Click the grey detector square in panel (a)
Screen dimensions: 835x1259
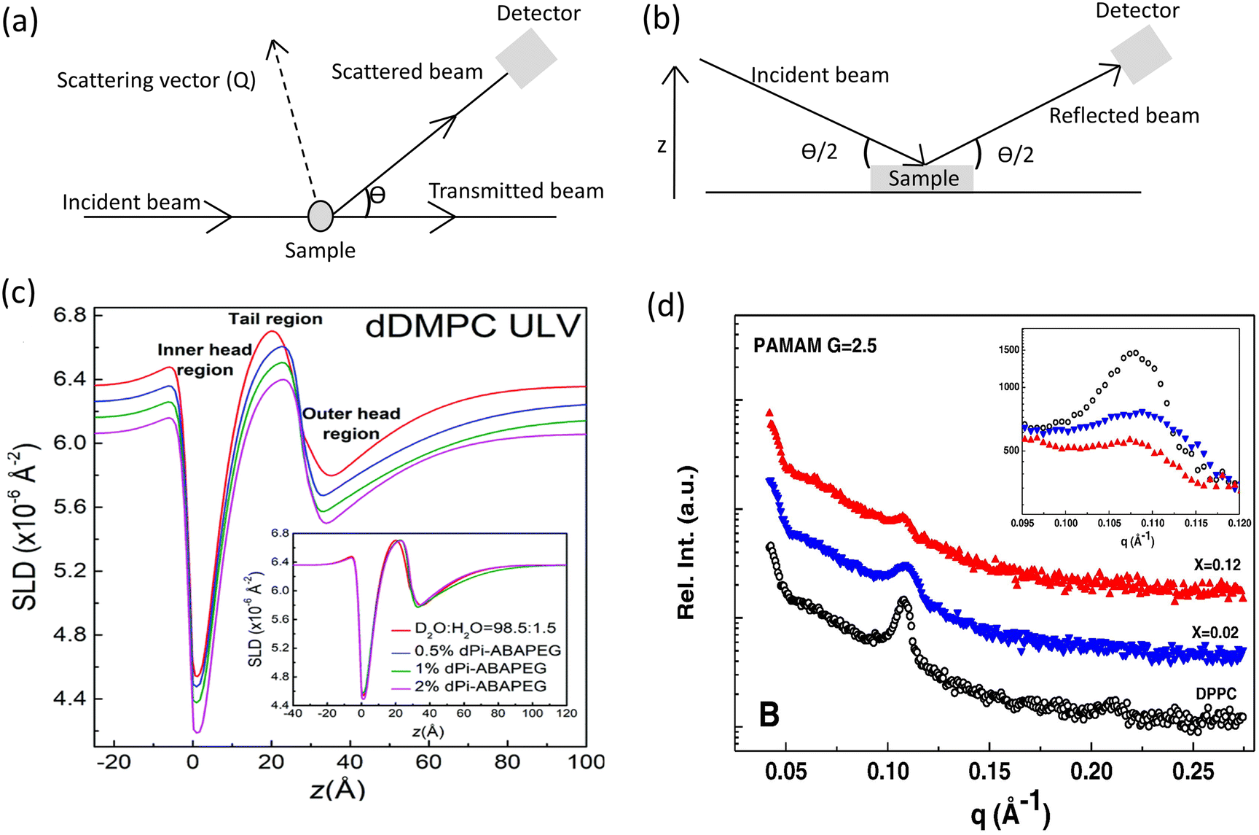(x=526, y=57)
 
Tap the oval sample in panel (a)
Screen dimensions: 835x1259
(x=321, y=216)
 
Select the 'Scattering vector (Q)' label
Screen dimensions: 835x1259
(x=156, y=80)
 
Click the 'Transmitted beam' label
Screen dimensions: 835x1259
(x=516, y=191)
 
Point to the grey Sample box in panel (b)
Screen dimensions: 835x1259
(x=922, y=179)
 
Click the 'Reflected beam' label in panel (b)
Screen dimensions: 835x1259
(x=1123, y=116)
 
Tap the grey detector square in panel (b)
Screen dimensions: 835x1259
(x=1141, y=54)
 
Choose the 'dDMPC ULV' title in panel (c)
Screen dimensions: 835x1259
(x=472, y=326)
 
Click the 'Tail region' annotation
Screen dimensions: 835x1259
(x=275, y=319)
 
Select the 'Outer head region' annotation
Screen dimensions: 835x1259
(x=351, y=424)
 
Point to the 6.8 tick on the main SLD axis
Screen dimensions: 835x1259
(x=70, y=315)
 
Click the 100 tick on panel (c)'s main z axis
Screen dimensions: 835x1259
(x=586, y=762)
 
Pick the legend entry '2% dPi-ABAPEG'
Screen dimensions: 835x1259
(x=480, y=686)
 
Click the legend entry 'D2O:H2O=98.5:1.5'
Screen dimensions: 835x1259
(x=485, y=629)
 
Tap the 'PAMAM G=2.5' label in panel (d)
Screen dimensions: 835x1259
(x=815, y=345)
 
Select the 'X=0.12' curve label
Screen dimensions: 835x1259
(x=1215, y=564)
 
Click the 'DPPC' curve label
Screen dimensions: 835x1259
(x=1215, y=694)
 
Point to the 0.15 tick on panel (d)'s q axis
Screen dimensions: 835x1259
(x=989, y=772)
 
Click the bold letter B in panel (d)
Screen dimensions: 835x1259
(x=769, y=714)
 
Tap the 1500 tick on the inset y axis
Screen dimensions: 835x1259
(x=1008, y=350)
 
